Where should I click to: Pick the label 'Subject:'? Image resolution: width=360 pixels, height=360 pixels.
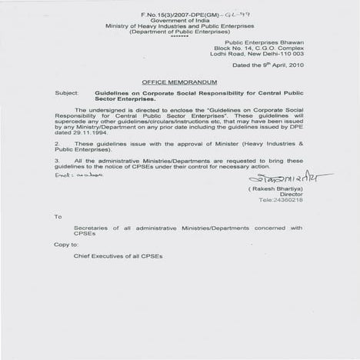(66, 92)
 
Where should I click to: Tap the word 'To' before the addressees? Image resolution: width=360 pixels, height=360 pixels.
(58, 217)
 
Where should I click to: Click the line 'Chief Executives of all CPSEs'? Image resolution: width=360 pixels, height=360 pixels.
(115, 254)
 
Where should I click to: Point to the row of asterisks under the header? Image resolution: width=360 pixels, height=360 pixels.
(180, 35)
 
